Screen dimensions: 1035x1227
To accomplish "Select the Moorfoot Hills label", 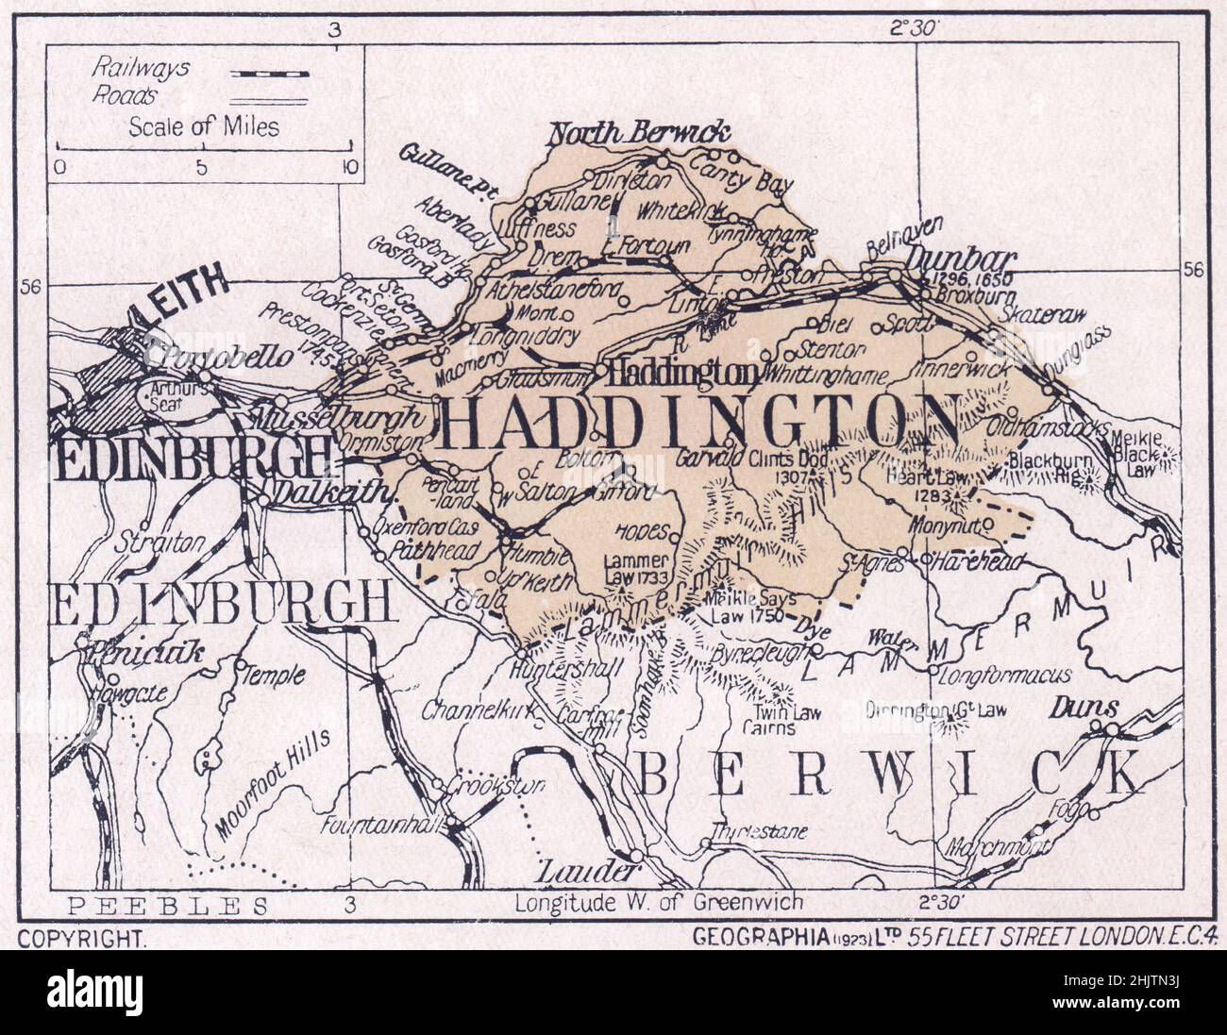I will [273, 784].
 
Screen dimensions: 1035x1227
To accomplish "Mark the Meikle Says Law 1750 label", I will [753, 606].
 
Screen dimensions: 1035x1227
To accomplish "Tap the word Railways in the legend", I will [141, 68].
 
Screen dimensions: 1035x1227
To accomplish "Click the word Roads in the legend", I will [124, 94].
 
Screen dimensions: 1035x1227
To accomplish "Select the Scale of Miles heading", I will [204, 125].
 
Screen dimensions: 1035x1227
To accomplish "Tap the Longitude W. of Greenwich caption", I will [659, 903].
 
